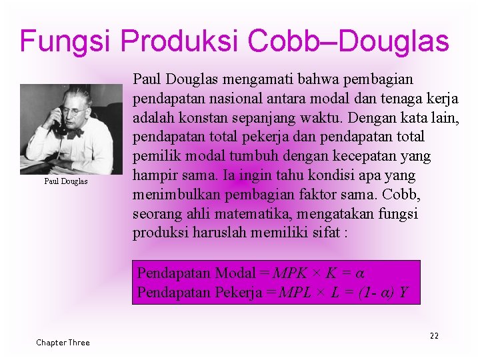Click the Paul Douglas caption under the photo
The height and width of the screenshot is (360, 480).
coord(66,181)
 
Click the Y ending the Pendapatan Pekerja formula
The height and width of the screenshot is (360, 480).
coord(404,293)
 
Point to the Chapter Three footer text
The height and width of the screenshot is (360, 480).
coord(63,342)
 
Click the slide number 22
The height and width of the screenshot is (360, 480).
coord(434,335)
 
